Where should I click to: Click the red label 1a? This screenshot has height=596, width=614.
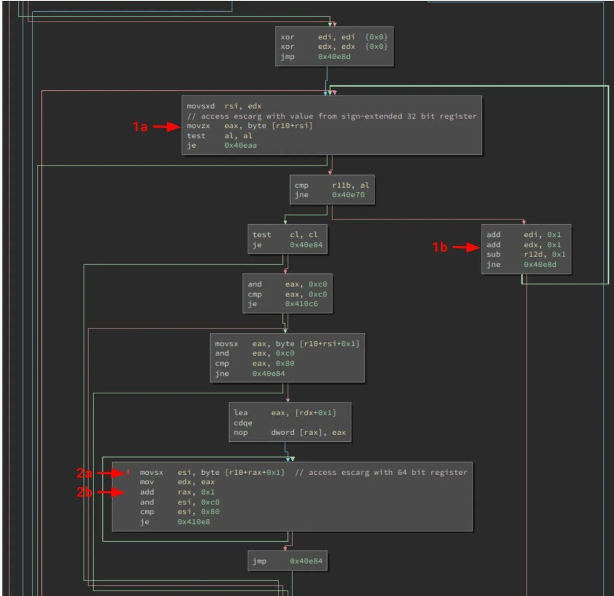[140, 126]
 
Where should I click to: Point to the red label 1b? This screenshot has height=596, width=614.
[440, 247]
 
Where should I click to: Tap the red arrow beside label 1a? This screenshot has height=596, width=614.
[166, 126]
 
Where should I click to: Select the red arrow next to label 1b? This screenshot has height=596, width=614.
[466, 247]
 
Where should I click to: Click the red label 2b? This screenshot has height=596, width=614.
[84, 493]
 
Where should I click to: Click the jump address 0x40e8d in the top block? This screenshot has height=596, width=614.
[334, 56]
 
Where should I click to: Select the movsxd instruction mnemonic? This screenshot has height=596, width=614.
[201, 106]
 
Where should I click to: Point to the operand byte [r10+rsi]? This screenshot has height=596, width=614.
[280, 125]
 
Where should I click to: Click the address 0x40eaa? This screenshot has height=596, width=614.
[240, 145]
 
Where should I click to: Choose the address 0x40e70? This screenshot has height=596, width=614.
[348, 195]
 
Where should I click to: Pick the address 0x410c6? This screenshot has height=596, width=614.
[301, 304]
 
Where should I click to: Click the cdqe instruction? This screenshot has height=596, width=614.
[243, 423]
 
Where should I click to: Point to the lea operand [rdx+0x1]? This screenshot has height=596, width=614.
[316, 413]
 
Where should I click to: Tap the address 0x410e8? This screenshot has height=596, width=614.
[193, 522]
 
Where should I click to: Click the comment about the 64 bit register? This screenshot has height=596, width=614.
[381, 472]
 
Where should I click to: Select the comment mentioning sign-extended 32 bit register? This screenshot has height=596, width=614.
[332, 116]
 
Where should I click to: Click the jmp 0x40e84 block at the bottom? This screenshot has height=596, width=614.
[288, 561]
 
